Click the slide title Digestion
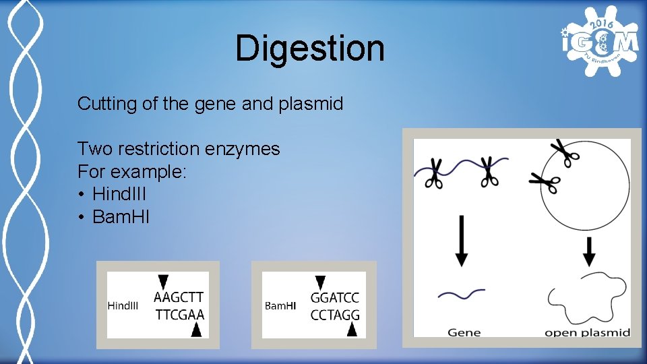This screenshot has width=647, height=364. [x=310, y=49]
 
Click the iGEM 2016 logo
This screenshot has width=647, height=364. [x=599, y=42]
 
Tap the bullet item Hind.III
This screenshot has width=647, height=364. [x=119, y=194]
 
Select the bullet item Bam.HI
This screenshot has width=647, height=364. [x=121, y=217]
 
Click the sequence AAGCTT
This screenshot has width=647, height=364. [x=179, y=297]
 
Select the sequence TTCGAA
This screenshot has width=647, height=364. [x=179, y=314]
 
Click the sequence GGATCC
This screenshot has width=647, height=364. [x=335, y=297]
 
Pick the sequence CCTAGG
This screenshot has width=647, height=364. [x=335, y=314]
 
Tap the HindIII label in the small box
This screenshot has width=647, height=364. [x=123, y=305]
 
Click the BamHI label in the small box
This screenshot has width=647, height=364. [x=280, y=305]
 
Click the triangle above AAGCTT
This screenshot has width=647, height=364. [x=162, y=282]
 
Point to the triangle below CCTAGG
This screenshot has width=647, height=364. [x=351, y=329]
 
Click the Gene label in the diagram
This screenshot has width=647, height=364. [x=464, y=332]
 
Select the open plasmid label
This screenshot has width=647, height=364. [x=587, y=332]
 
